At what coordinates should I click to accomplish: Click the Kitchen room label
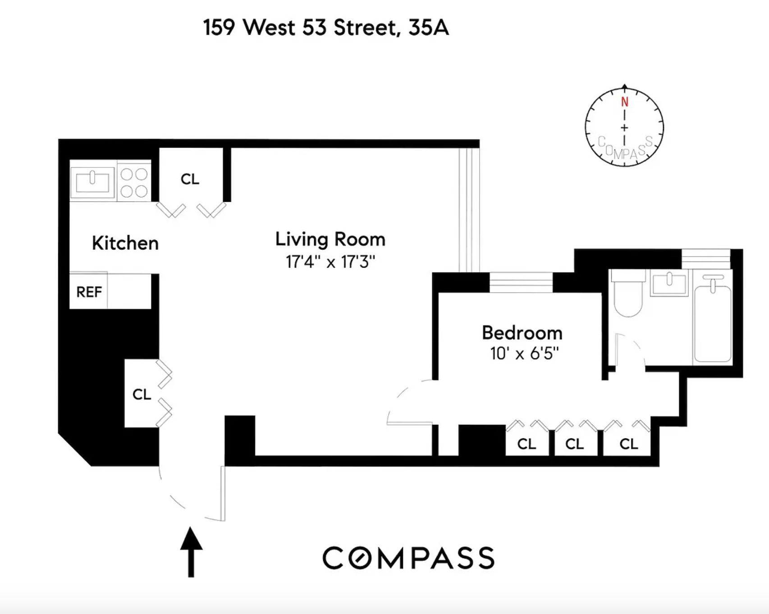(125, 243)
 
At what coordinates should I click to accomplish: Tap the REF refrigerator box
(89, 292)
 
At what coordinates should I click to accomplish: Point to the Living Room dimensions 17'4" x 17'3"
(330, 262)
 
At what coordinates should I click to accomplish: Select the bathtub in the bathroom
(712, 322)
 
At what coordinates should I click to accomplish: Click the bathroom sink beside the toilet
(669, 283)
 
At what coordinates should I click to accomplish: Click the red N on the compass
(624, 102)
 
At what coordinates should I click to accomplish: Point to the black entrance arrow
(191, 551)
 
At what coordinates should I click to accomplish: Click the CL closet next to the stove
(190, 179)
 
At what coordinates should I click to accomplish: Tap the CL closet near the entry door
(142, 394)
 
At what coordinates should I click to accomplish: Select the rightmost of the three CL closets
(628, 444)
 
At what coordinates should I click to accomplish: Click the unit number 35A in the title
(428, 28)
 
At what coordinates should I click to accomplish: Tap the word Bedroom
(522, 333)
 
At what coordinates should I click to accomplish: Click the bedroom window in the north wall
(521, 282)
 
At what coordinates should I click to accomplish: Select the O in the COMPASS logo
(359, 558)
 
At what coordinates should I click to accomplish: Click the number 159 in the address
(219, 28)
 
